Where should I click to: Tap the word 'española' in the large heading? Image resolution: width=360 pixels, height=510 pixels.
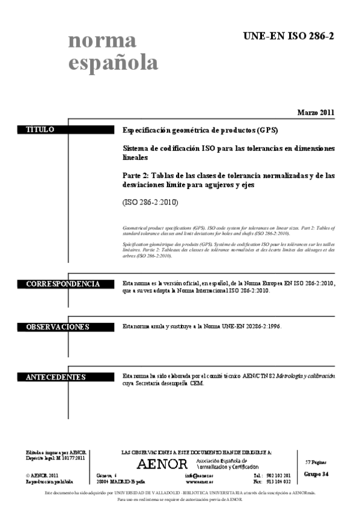tap(113, 63)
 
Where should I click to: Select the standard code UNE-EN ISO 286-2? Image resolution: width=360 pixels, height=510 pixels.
tap(288, 37)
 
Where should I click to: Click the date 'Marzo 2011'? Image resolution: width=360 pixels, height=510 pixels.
tap(316, 112)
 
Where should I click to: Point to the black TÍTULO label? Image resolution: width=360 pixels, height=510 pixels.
tap(40, 129)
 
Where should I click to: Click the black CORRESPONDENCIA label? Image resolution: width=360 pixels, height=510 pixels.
tap(63, 283)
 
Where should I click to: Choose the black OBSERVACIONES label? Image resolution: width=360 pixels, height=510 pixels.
tap(58, 327)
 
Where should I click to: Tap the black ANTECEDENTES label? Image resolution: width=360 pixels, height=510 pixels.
tap(56, 377)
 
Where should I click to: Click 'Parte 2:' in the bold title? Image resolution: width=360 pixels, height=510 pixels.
tap(136, 176)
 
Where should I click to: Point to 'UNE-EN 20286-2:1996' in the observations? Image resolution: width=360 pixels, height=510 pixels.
tap(251, 327)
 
